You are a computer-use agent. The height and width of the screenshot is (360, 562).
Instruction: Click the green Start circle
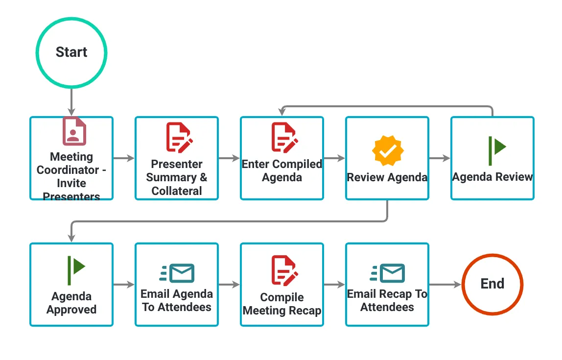click(71, 52)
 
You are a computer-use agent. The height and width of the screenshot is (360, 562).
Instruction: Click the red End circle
click(492, 284)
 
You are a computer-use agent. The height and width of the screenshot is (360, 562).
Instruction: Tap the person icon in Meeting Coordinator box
click(74, 131)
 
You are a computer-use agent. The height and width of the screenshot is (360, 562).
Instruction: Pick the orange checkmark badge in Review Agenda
click(387, 151)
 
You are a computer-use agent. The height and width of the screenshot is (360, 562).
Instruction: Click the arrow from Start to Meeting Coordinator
click(71, 102)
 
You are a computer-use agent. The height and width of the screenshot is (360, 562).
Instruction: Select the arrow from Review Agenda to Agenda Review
click(440, 158)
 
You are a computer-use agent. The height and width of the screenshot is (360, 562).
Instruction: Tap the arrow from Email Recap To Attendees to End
click(445, 285)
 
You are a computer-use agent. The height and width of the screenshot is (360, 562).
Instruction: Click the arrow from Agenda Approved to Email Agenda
click(124, 285)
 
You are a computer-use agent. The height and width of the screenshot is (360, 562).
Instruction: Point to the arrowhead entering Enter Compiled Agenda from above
click(282, 112)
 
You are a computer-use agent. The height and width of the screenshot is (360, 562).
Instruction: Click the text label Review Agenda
click(387, 177)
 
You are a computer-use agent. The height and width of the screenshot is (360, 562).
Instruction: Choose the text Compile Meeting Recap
click(282, 304)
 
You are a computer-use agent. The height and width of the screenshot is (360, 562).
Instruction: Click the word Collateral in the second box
click(177, 191)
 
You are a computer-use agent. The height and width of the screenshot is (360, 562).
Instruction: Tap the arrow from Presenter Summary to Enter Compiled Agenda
click(229, 158)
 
